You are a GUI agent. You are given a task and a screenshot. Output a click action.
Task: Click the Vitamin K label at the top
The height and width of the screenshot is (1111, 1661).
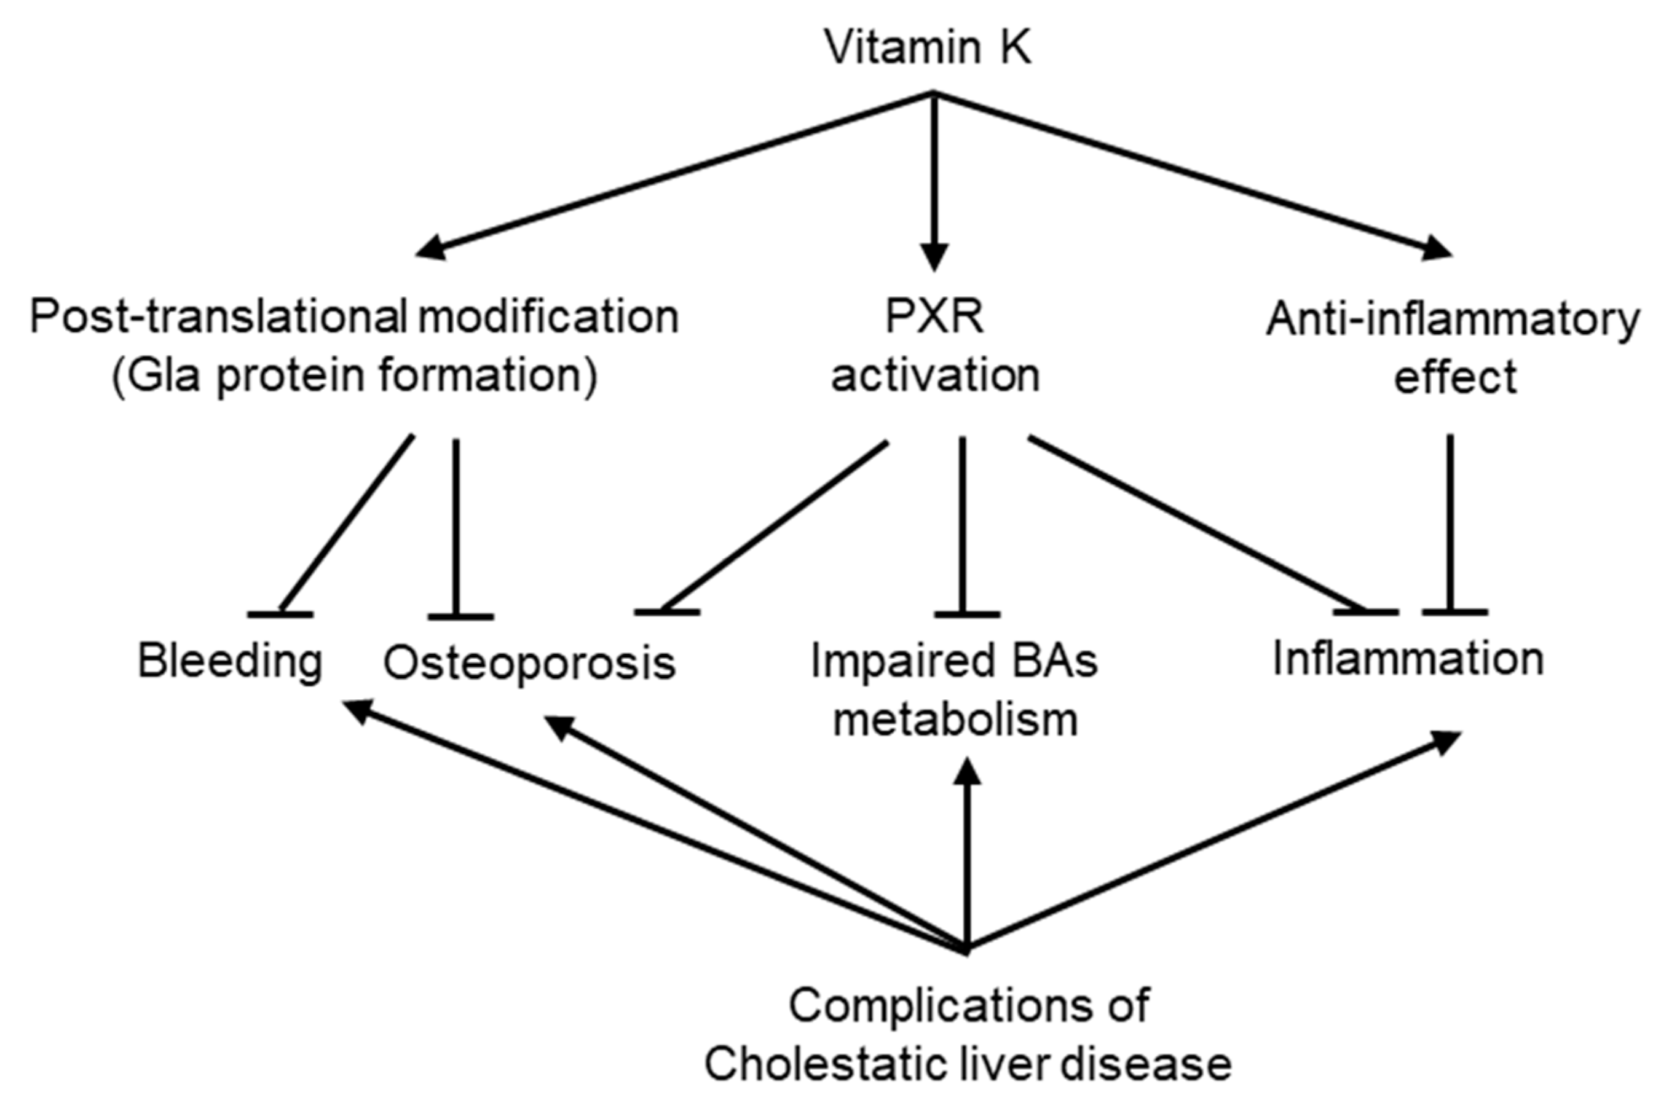[x=927, y=48]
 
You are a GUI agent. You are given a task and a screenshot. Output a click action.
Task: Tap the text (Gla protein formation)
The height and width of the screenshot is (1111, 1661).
[x=354, y=375]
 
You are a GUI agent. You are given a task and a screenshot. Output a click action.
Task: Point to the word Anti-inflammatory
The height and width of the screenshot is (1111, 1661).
[x=1453, y=320]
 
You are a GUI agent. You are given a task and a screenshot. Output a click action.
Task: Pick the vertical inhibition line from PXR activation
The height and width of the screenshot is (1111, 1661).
[x=961, y=524]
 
